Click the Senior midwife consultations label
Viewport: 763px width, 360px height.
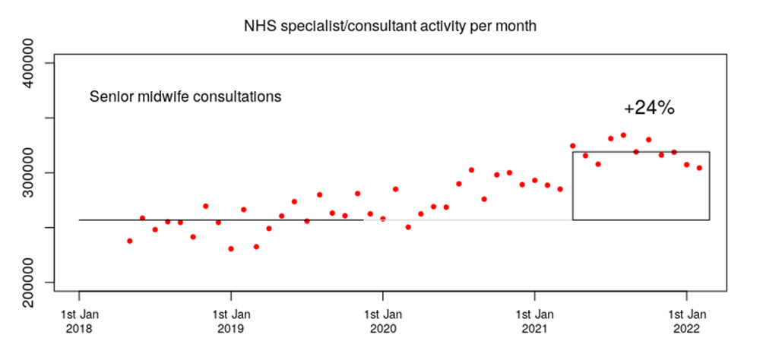click(x=185, y=97)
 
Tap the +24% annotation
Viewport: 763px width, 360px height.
click(x=648, y=108)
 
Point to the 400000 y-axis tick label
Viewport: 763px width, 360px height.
click(x=35, y=62)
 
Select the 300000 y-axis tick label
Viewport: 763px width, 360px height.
click(x=35, y=172)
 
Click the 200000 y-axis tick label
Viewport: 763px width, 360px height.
click(x=35, y=283)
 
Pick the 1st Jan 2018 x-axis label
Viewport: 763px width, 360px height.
click(x=79, y=321)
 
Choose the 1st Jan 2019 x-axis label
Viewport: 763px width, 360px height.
click(x=231, y=321)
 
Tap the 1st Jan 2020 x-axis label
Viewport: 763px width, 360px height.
click(x=383, y=321)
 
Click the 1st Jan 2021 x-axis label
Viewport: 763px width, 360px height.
click(x=535, y=321)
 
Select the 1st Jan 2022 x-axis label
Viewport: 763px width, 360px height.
click(x=687, y=321)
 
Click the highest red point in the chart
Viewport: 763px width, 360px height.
click(x=623, y=135)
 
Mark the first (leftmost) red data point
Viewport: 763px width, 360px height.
click(x=130, y=241)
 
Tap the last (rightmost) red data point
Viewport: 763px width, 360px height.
click(x=699, y=168)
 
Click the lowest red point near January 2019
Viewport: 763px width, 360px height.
click(x=231, y=248)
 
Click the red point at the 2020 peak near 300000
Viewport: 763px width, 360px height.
click(x=471, y=170)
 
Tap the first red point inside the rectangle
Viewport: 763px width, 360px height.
click(x=573, y=146)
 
